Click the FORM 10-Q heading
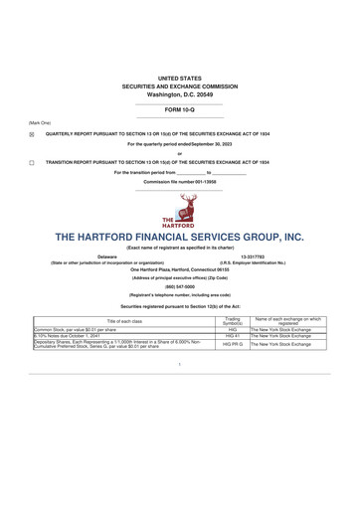(180, 108)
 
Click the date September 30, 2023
(212, 144)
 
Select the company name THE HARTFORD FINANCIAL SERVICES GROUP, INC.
(180, 239)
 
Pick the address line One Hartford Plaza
(180, 269)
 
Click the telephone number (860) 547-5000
(180, 285)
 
